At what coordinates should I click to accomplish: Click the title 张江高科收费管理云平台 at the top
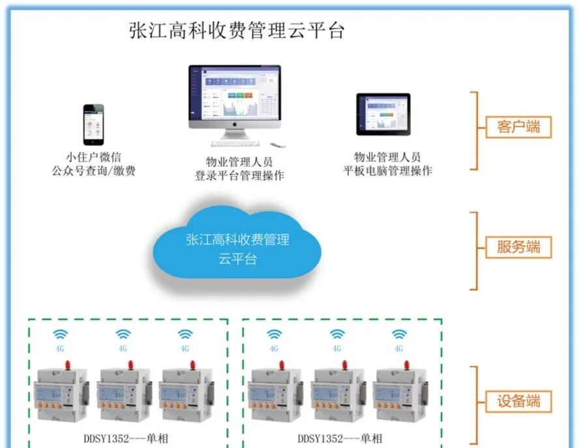(x=236, y=31)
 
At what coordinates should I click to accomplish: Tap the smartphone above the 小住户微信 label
(x=93, y=124)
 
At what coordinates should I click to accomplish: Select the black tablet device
(x=383, y=114)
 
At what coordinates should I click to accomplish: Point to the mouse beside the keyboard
(x=276, y=144)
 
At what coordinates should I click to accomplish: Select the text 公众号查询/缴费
(x=93, y=172)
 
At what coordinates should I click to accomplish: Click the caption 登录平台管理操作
(x=239, y=175)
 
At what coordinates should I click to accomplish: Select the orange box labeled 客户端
(x=518, y=127)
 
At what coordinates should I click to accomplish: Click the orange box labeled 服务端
(x=518, y=247)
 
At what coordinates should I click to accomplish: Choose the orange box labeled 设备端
(x=518, y=401)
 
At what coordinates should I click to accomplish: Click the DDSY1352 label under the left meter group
(x=128, y=438)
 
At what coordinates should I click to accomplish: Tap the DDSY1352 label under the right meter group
(x=340, y=438)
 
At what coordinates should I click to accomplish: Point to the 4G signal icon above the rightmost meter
(x=399, y=335)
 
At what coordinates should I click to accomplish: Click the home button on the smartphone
(x=93, y=141)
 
